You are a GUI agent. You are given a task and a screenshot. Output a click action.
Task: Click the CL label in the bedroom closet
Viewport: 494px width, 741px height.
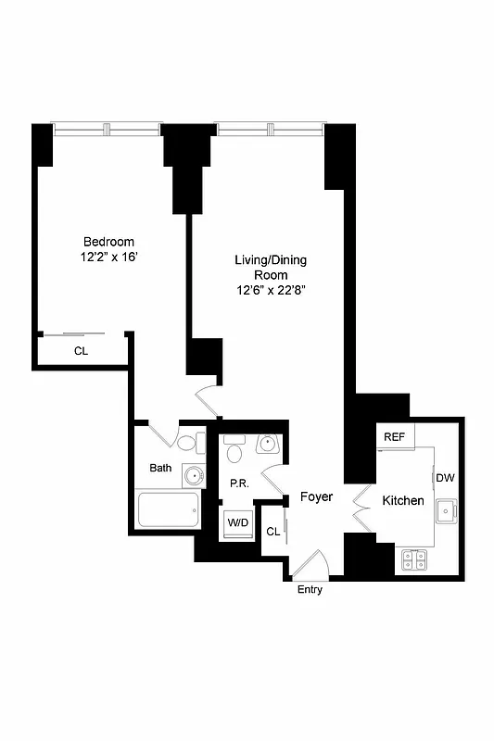tap(81, 351)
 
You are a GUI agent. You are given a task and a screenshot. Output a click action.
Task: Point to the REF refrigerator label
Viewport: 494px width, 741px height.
tap(395, 436)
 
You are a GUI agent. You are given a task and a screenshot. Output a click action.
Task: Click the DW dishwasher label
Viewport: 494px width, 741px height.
tap(445, 478)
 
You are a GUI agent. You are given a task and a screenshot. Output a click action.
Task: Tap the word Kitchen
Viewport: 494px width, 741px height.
tap(404, 500)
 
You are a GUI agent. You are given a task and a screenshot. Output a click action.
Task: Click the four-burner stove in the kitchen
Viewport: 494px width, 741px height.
tap(414, 559)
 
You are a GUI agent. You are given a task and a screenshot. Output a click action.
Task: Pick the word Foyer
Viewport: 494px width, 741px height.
tap(316, 497)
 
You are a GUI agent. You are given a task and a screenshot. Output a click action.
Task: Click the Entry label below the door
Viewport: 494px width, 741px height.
tap(310, 590)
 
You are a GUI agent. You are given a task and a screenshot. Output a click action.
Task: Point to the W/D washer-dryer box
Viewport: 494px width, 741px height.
tap(238, 523)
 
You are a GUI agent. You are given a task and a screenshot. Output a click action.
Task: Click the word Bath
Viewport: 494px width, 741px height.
tap(160, 468)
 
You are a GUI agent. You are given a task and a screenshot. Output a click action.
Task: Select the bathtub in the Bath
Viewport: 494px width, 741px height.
tap(168, 509)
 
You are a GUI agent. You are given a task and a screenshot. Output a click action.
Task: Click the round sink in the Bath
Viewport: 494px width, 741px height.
tap(192, 476)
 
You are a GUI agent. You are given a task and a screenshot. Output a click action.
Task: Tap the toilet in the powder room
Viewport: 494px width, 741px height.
tap(234, 451)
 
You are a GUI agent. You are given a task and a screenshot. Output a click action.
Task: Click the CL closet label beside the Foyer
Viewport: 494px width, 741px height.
tap(272, 532)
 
